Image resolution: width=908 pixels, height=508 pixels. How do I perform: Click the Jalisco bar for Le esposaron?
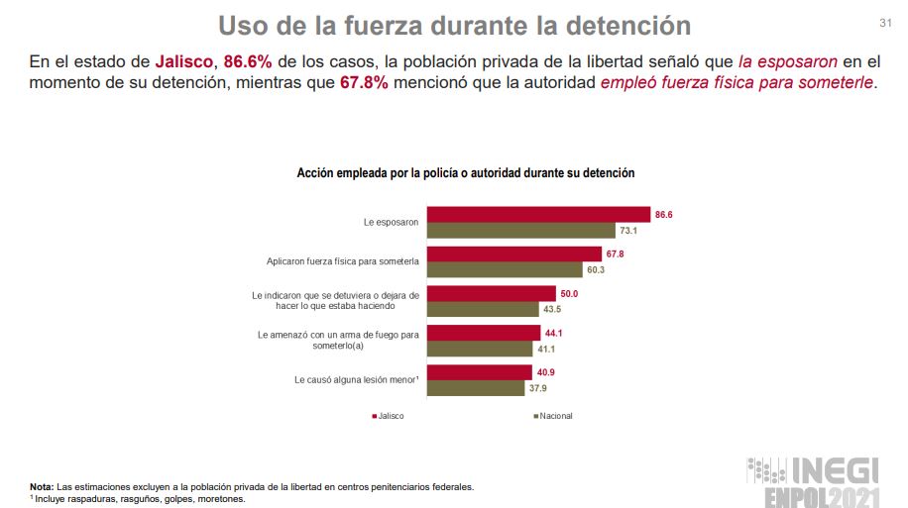pyautogui.click(x=537, y=214)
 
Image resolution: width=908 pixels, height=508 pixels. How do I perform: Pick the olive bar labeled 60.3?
pyautogui.click(x=504, y=269)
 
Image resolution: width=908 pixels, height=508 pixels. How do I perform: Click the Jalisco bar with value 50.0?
pyautogui.click(x=491, y=293)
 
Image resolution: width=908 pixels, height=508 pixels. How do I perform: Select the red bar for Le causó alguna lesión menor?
pyautogui.click(x=480, y=372)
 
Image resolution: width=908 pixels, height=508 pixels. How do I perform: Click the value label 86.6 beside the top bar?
pyautogui.click(x=664, y=214)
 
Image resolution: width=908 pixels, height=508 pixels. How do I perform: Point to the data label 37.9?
pyautogui.click(x=538, y=388)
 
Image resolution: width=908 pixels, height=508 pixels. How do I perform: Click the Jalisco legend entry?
pyautogui.click(x=388, y=416)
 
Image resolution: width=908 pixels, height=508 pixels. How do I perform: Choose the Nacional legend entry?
pyautogui.click(x=554, y=416)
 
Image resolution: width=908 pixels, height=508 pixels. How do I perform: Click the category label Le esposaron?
pyautogui.click(x=391, y=223)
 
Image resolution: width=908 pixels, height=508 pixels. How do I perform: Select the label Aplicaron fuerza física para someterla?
pyautogui.click(x=343, y=261)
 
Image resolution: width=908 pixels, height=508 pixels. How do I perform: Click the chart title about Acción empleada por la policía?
pyautogui.click(x=465, y=172)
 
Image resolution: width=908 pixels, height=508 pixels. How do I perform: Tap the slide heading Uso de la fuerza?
pyautogui.click(x=454, y=24)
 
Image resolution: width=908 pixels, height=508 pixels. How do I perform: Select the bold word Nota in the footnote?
pyautogui.click(x=42, y=486)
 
